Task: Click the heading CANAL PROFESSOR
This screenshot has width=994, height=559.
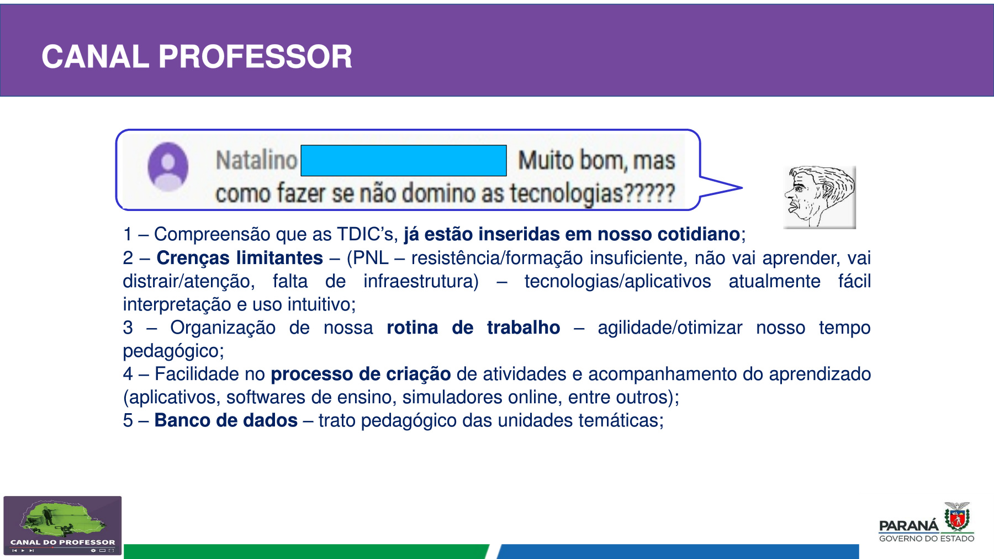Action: coord(197,56)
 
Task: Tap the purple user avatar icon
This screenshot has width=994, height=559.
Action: coord(168,167)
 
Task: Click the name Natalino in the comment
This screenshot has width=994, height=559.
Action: coord(256,160)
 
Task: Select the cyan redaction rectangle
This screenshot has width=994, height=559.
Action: coord(404,161)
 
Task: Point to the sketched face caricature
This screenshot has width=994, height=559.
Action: coord(819,197)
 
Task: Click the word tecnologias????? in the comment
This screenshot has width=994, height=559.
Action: coord(593,193)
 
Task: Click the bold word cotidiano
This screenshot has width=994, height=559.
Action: coord(699,234)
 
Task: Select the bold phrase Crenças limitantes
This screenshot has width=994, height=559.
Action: coord(240,258)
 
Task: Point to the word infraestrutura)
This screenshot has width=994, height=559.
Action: coord(421,281)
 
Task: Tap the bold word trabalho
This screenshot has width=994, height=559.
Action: coord(524,328)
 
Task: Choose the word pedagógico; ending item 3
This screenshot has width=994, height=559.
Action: coord(173,351)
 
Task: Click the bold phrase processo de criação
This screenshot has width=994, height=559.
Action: coord(361,375)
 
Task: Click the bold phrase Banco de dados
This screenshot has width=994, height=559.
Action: coord(226,420)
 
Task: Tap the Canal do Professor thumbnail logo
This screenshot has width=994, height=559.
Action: coord(62,525)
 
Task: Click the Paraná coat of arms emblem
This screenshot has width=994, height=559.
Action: coord(957,516)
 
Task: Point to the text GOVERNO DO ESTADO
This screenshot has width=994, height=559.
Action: coord(927,539)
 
